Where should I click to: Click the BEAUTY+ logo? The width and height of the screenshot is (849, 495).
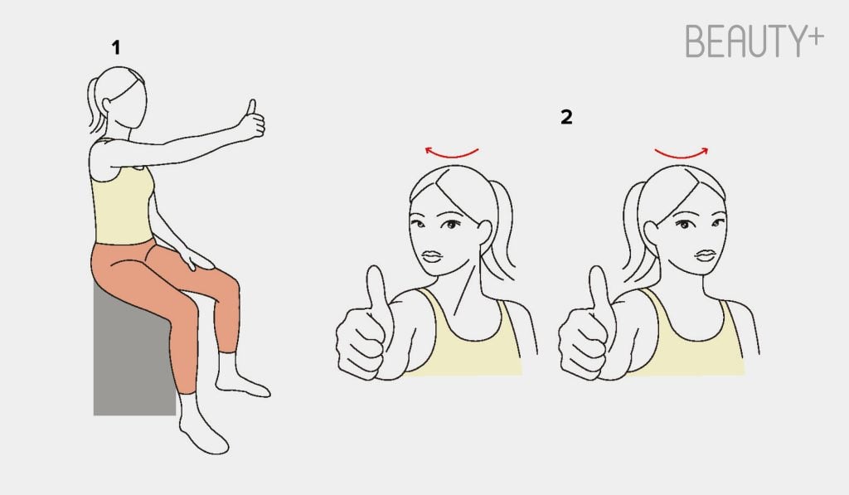[x=754, y=41]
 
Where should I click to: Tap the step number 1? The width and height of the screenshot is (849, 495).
[x=115, y=47]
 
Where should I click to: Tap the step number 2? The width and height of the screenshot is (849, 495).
[x=566, y=117]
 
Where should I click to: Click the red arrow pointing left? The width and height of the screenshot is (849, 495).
[x=451, y=153]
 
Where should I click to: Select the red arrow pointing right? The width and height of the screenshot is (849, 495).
[x=682, y=154]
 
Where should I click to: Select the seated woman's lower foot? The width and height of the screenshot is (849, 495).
[x=203, y=427]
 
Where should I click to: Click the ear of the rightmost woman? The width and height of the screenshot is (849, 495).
[x=651, y=234]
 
